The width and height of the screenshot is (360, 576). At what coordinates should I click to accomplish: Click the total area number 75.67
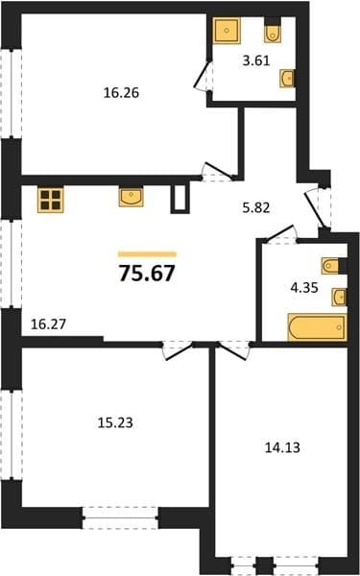tap(147, 274)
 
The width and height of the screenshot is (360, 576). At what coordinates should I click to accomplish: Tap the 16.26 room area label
tap(121, 93)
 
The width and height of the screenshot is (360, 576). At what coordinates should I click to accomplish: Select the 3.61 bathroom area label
tap(256, 61)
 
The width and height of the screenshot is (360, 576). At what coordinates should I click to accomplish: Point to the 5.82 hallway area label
tap(256, 208)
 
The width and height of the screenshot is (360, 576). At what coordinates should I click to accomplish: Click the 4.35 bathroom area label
tap(304, 288)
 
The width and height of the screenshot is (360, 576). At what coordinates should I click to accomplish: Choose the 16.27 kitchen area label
tap(48, 324)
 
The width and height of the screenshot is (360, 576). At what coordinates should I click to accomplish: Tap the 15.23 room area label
tap(115, 423)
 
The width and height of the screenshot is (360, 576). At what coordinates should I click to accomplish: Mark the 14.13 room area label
tap(282, 447)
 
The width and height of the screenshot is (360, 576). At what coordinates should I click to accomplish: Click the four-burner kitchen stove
tap(51, 200)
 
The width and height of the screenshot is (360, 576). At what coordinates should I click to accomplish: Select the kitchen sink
tap(132, 197)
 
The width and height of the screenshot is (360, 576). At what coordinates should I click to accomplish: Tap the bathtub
tap(318, 327)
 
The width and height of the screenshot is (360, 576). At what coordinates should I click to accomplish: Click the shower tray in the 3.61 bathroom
tap(227, 30)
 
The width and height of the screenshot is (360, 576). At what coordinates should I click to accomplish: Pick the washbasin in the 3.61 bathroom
tap(287, 79)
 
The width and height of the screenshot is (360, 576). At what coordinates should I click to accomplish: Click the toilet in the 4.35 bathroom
tap(330, 266)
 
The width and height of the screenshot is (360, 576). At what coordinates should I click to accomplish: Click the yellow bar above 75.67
tap(147, 254)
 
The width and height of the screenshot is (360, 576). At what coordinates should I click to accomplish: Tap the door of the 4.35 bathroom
tap(281, 235)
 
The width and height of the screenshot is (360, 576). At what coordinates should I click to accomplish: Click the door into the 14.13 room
tap(233, 350)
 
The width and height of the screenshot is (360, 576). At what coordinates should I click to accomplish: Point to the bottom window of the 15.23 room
tap(121, 517)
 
